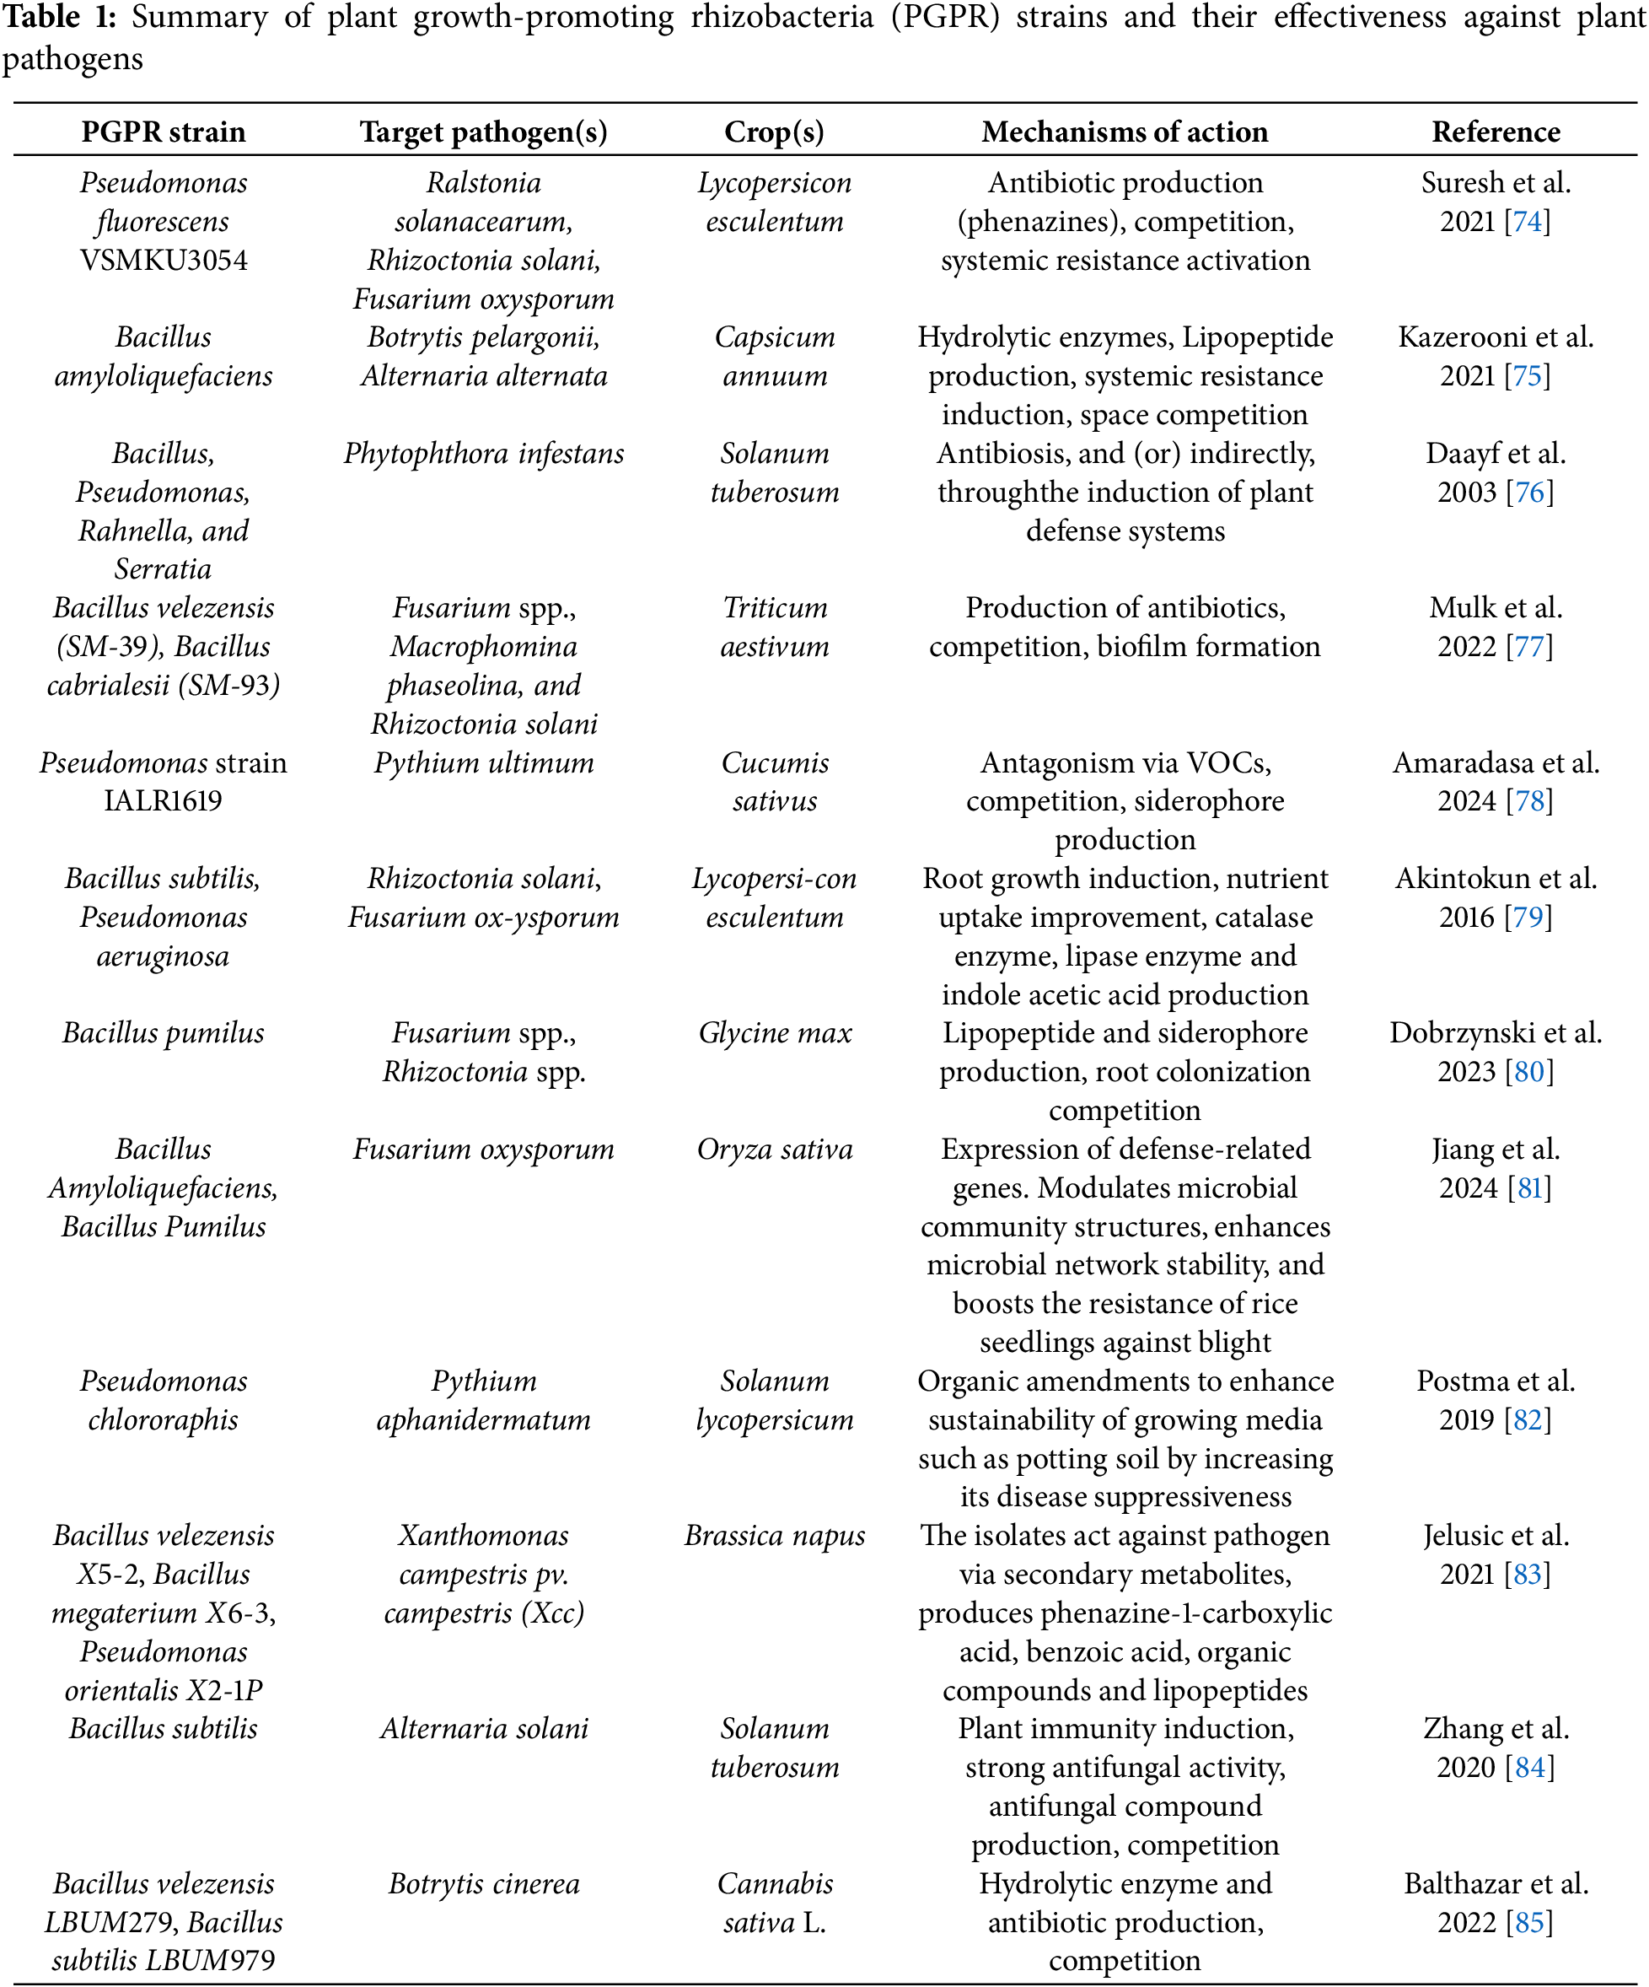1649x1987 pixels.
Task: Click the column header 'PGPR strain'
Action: point(163,132)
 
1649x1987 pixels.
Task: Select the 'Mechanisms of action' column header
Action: point(1124,132)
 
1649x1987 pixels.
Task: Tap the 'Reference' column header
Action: point(1495,132)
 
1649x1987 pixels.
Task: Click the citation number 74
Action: point(1527,222)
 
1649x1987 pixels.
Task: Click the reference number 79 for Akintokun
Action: point(1528,917)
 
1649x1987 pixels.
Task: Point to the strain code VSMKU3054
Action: point(163,261)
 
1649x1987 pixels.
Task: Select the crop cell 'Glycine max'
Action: point(775,1032)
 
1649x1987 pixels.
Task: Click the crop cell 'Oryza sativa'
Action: point(775,1149)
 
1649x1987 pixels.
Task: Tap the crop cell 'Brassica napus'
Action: point(775,1535)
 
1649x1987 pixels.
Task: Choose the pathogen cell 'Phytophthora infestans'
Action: point(483,453)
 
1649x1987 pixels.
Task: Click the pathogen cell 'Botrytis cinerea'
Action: point(483,1883)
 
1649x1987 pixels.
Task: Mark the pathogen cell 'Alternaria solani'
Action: point(483,1729)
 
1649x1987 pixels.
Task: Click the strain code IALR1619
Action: point(163,800)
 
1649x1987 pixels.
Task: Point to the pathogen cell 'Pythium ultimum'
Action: point(483,762)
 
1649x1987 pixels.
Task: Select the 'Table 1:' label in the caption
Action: point(59,17)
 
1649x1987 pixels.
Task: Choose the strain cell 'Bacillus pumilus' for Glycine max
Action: point(163,1032)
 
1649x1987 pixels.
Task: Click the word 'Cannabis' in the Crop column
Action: point(775,1883)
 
